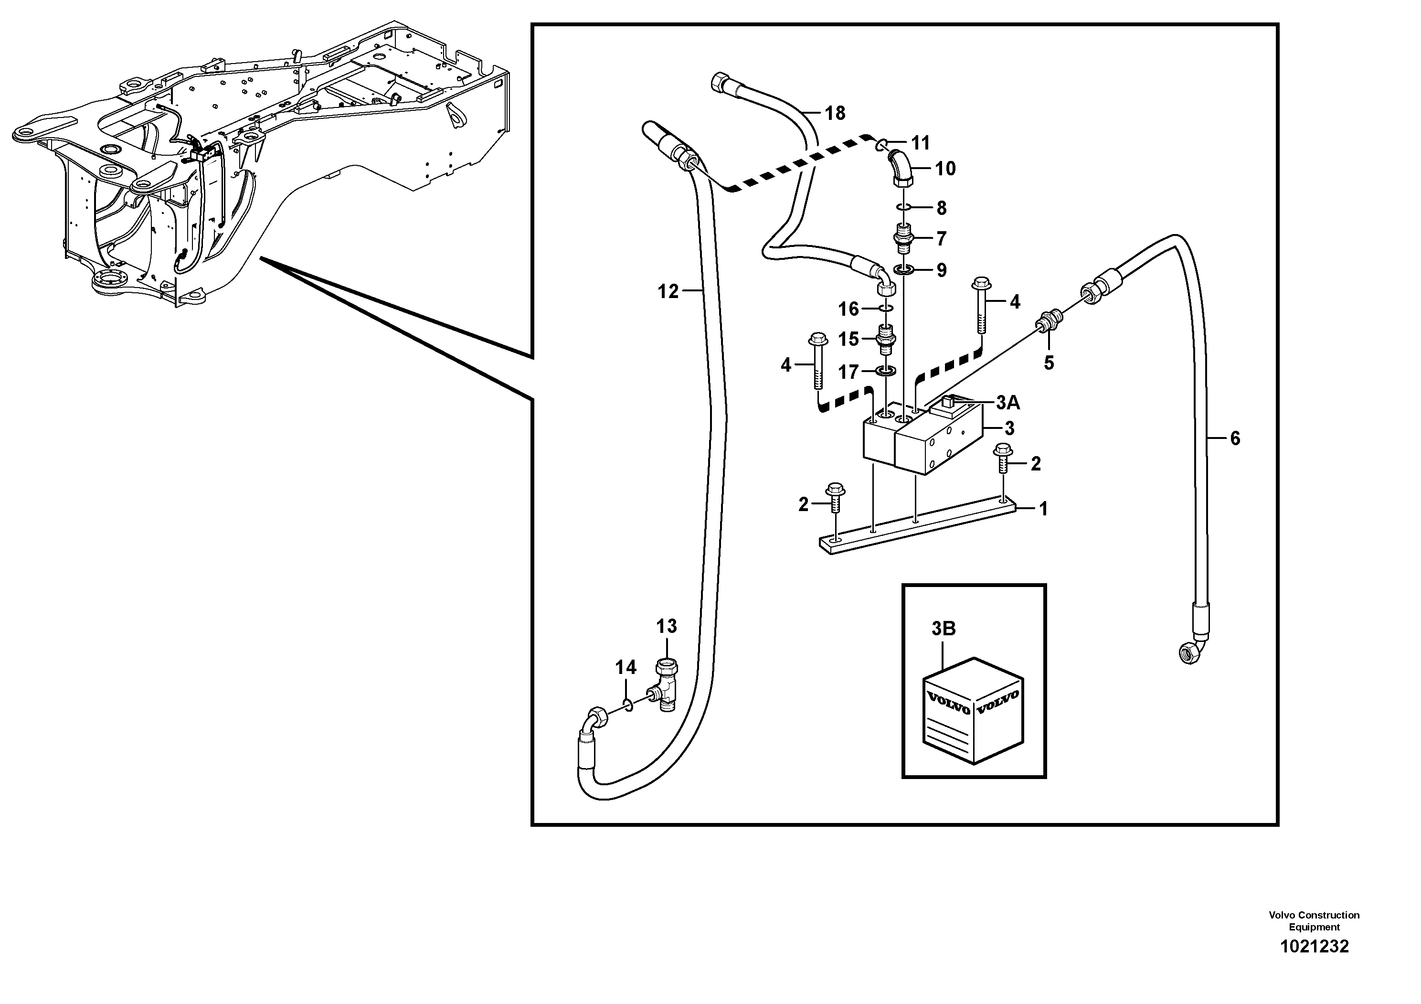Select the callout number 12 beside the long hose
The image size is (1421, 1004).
coord(668,291)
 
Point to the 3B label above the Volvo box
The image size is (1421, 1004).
coord(943,629)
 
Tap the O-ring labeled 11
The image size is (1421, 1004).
coord(884,145)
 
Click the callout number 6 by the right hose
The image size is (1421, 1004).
coord(1235,438)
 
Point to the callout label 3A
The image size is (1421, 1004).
coord(1007,403)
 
